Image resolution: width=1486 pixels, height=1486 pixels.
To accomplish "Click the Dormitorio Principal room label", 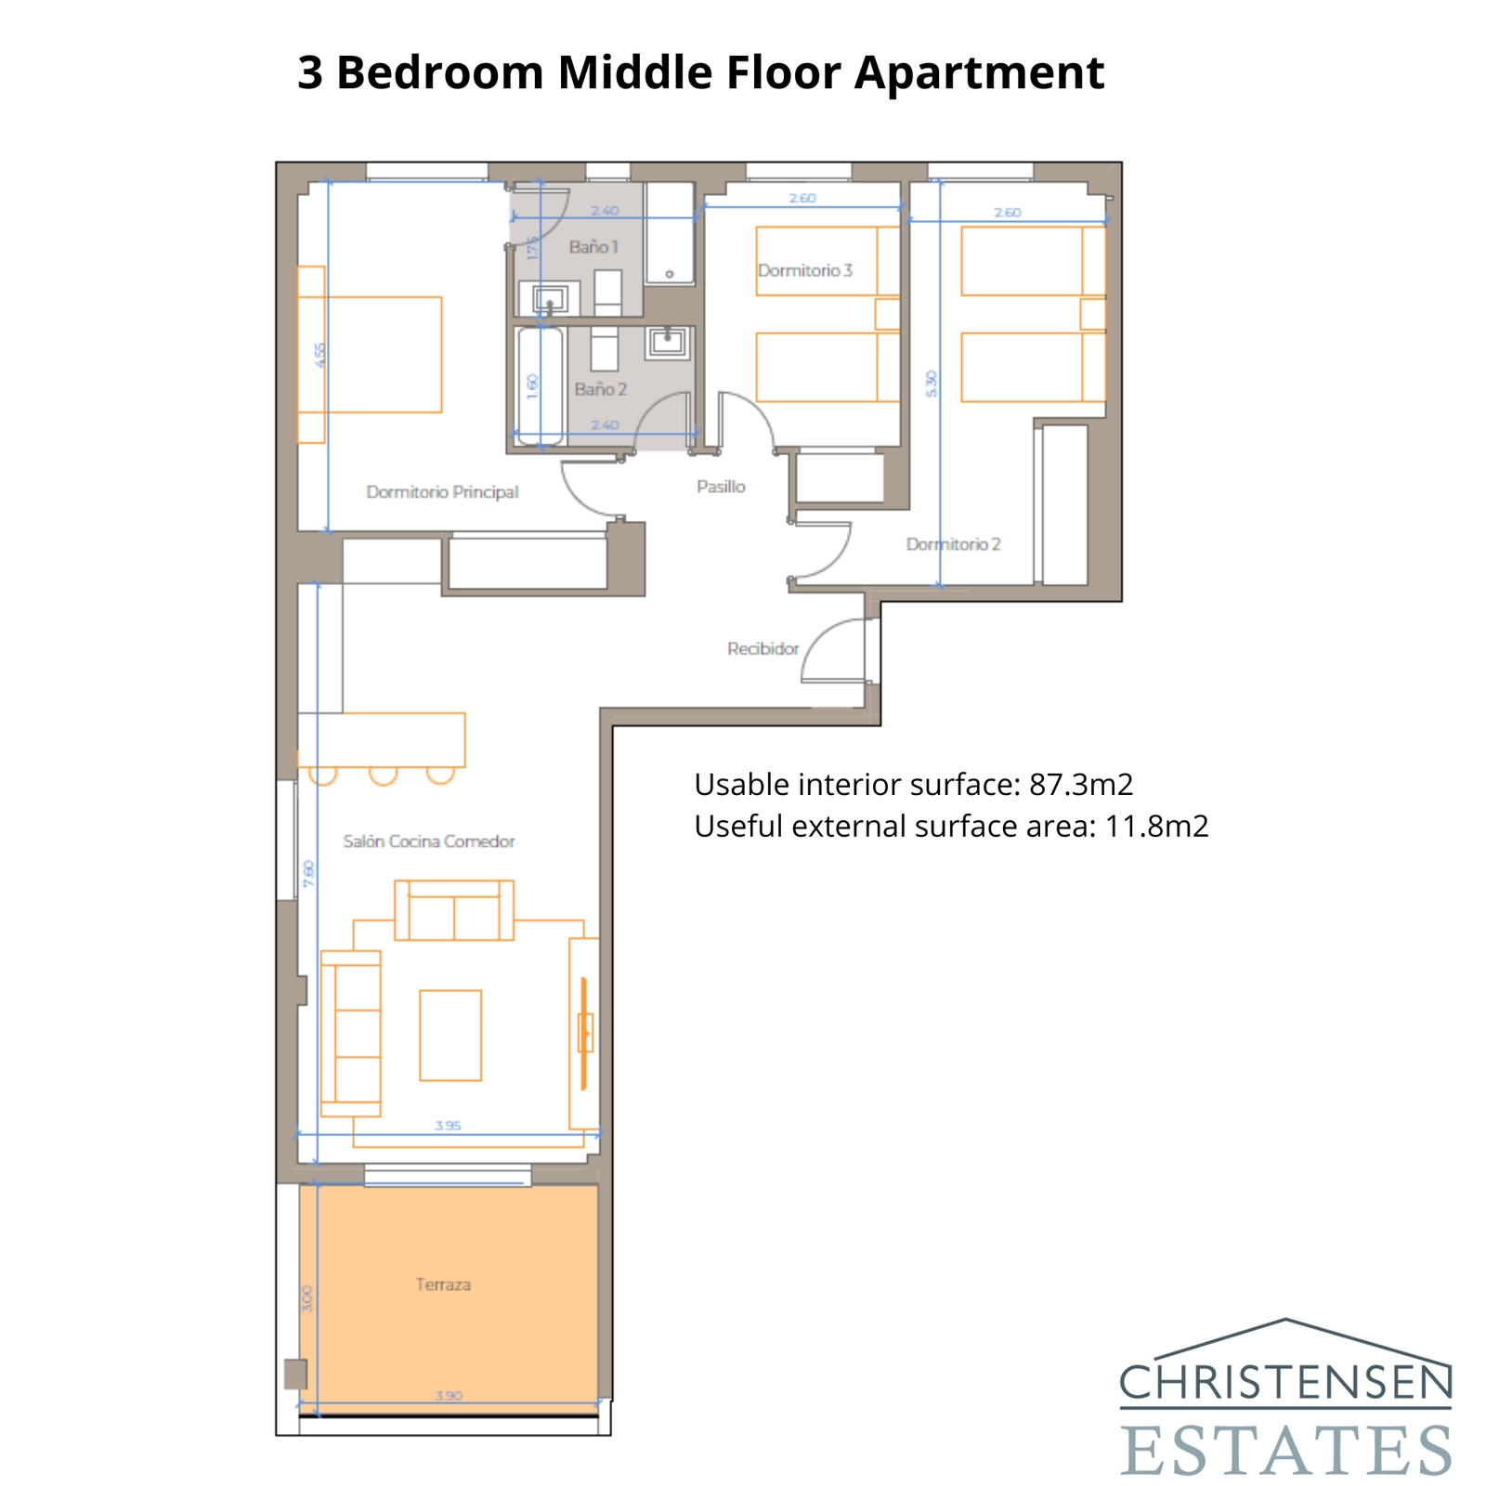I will pos(442,492).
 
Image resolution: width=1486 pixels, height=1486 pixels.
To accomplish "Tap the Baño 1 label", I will pos(593,247).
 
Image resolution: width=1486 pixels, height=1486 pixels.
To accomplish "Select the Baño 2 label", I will pos(600,389).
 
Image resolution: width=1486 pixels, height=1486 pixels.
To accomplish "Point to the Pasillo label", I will pos(721,487).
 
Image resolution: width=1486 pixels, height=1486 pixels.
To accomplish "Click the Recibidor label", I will pos(763,649).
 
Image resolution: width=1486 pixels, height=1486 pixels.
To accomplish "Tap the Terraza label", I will pos(443,1284).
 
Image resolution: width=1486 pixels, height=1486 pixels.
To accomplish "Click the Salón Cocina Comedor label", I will pos(428,841).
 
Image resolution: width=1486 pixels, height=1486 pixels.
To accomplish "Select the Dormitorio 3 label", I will pos(804,270).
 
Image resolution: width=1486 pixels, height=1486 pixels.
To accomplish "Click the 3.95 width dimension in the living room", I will pos(448,1125).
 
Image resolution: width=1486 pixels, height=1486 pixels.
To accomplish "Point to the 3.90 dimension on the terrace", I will pos(448,1395).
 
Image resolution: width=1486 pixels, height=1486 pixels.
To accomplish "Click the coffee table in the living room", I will pos(450,1035).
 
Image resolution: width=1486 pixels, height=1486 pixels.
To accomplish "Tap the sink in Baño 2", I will pos(667,342).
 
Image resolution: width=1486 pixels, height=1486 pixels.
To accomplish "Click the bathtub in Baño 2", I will pos(540,385).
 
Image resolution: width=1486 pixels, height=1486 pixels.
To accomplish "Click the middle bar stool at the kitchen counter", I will pos(383,775).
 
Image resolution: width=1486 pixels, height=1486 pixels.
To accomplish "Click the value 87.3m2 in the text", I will pos(1081,785).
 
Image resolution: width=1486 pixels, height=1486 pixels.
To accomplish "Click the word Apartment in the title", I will pos(979,72).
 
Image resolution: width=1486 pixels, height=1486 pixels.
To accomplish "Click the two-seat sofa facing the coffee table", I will pos(454,911).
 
